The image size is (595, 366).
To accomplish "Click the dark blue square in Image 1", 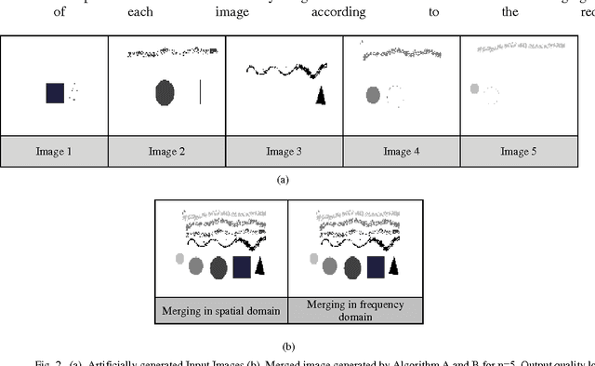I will (x=55, y=93).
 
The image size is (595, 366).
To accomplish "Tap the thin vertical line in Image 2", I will (x=201, y=92).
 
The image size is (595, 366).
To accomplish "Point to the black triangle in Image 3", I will (x=321, y=96).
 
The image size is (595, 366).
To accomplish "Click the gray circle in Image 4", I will (x=374, y=94).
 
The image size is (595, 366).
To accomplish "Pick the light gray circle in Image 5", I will (x=474, y=89).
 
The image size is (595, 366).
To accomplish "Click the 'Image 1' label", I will (x=53, y=151).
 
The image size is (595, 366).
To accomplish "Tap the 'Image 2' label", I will (x=167, y=151).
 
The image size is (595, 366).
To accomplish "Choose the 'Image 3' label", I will (x=284, y=151).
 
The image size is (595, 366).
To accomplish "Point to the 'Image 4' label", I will (x=402, y=151).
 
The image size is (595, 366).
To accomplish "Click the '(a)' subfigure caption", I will (x=284, y=180).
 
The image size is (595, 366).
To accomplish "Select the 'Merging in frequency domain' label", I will (x=355, y=310).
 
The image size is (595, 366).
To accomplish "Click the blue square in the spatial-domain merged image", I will (x=242, y=267).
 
